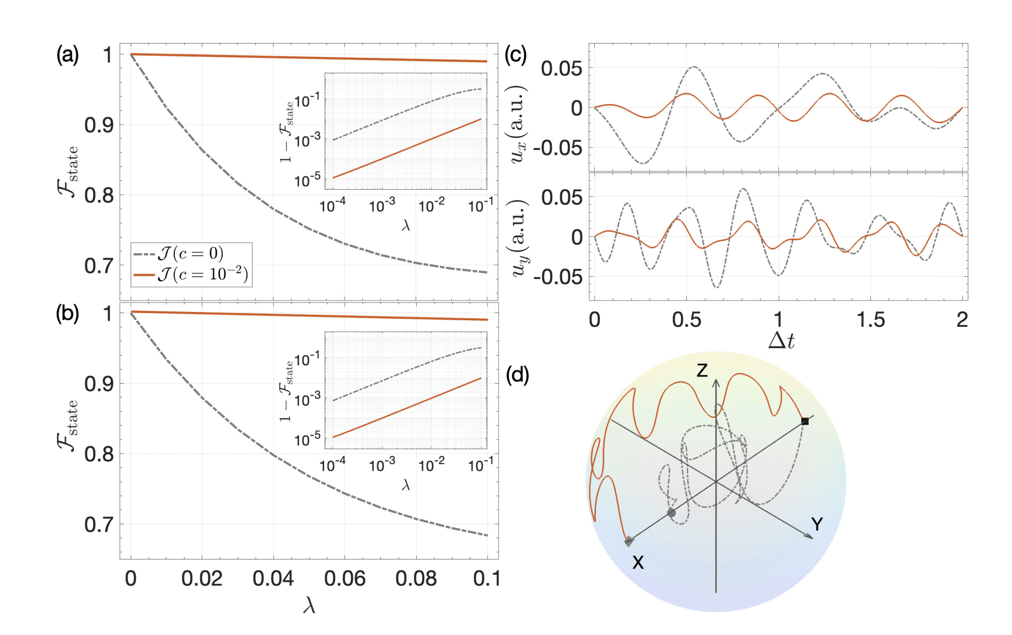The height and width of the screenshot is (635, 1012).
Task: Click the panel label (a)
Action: pos(67,55)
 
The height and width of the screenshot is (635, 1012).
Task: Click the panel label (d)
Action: pos(517,375)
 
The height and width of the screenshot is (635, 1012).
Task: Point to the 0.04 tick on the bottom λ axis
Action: pos(273,578)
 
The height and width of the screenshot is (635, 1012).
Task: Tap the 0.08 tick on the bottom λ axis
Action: pos(416,578)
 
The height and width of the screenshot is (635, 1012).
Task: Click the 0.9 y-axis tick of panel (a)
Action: pos(99,125)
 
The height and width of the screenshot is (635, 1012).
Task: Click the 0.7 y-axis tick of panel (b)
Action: pos(99,524)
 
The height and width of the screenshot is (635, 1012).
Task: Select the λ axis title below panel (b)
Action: pos(309,606)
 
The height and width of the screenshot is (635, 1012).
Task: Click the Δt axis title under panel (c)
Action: pos(781,341)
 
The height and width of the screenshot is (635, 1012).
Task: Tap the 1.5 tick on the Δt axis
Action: pos(870,320)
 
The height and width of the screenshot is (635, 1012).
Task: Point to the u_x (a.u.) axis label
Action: pos(518,124)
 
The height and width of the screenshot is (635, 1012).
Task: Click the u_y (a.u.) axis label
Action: pos(518,238)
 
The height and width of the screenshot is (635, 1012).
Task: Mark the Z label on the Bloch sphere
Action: pos(702,370)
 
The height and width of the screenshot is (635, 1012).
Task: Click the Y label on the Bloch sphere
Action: pos(817,524)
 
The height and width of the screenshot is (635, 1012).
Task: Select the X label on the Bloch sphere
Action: pos(638,562)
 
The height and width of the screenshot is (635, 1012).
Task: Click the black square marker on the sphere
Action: pos(805,421)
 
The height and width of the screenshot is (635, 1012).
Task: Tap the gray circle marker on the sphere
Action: pos(671,513)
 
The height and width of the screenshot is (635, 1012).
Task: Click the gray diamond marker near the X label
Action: pos(628,541)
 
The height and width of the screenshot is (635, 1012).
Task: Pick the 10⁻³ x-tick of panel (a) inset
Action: pos(381,206)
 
